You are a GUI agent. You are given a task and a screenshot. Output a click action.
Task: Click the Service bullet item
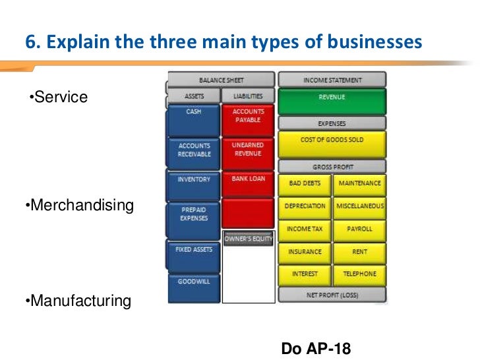pyautogui.click(x=59, y=98)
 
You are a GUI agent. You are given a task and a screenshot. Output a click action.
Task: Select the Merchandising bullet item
pyautogui.click(x=78, y=206)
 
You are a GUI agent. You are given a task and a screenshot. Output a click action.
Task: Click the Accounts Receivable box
pyautogui.click(x=193, y=153)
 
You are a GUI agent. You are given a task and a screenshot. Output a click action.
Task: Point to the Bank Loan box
pyautogui.click(x=248, y=184)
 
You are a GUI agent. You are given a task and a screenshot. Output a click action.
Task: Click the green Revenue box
pyautogui.click(x=332, y=101)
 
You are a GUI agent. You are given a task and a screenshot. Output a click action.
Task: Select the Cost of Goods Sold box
pyautogui.click(x=332, y=143)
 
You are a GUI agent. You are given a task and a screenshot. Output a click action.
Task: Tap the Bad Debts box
pyautogui.click(x=305, y=184)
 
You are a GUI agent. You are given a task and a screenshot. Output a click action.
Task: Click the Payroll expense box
pyautogui.click(x=359, y=229)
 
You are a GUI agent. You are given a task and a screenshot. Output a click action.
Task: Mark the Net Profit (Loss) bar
pyautogui.click(x=332, y=295)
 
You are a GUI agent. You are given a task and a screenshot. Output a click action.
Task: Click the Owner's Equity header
pyautogui.click(x=248, y=239)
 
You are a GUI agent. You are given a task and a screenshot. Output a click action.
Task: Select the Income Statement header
pyautogui.click(x=332, y=80)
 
